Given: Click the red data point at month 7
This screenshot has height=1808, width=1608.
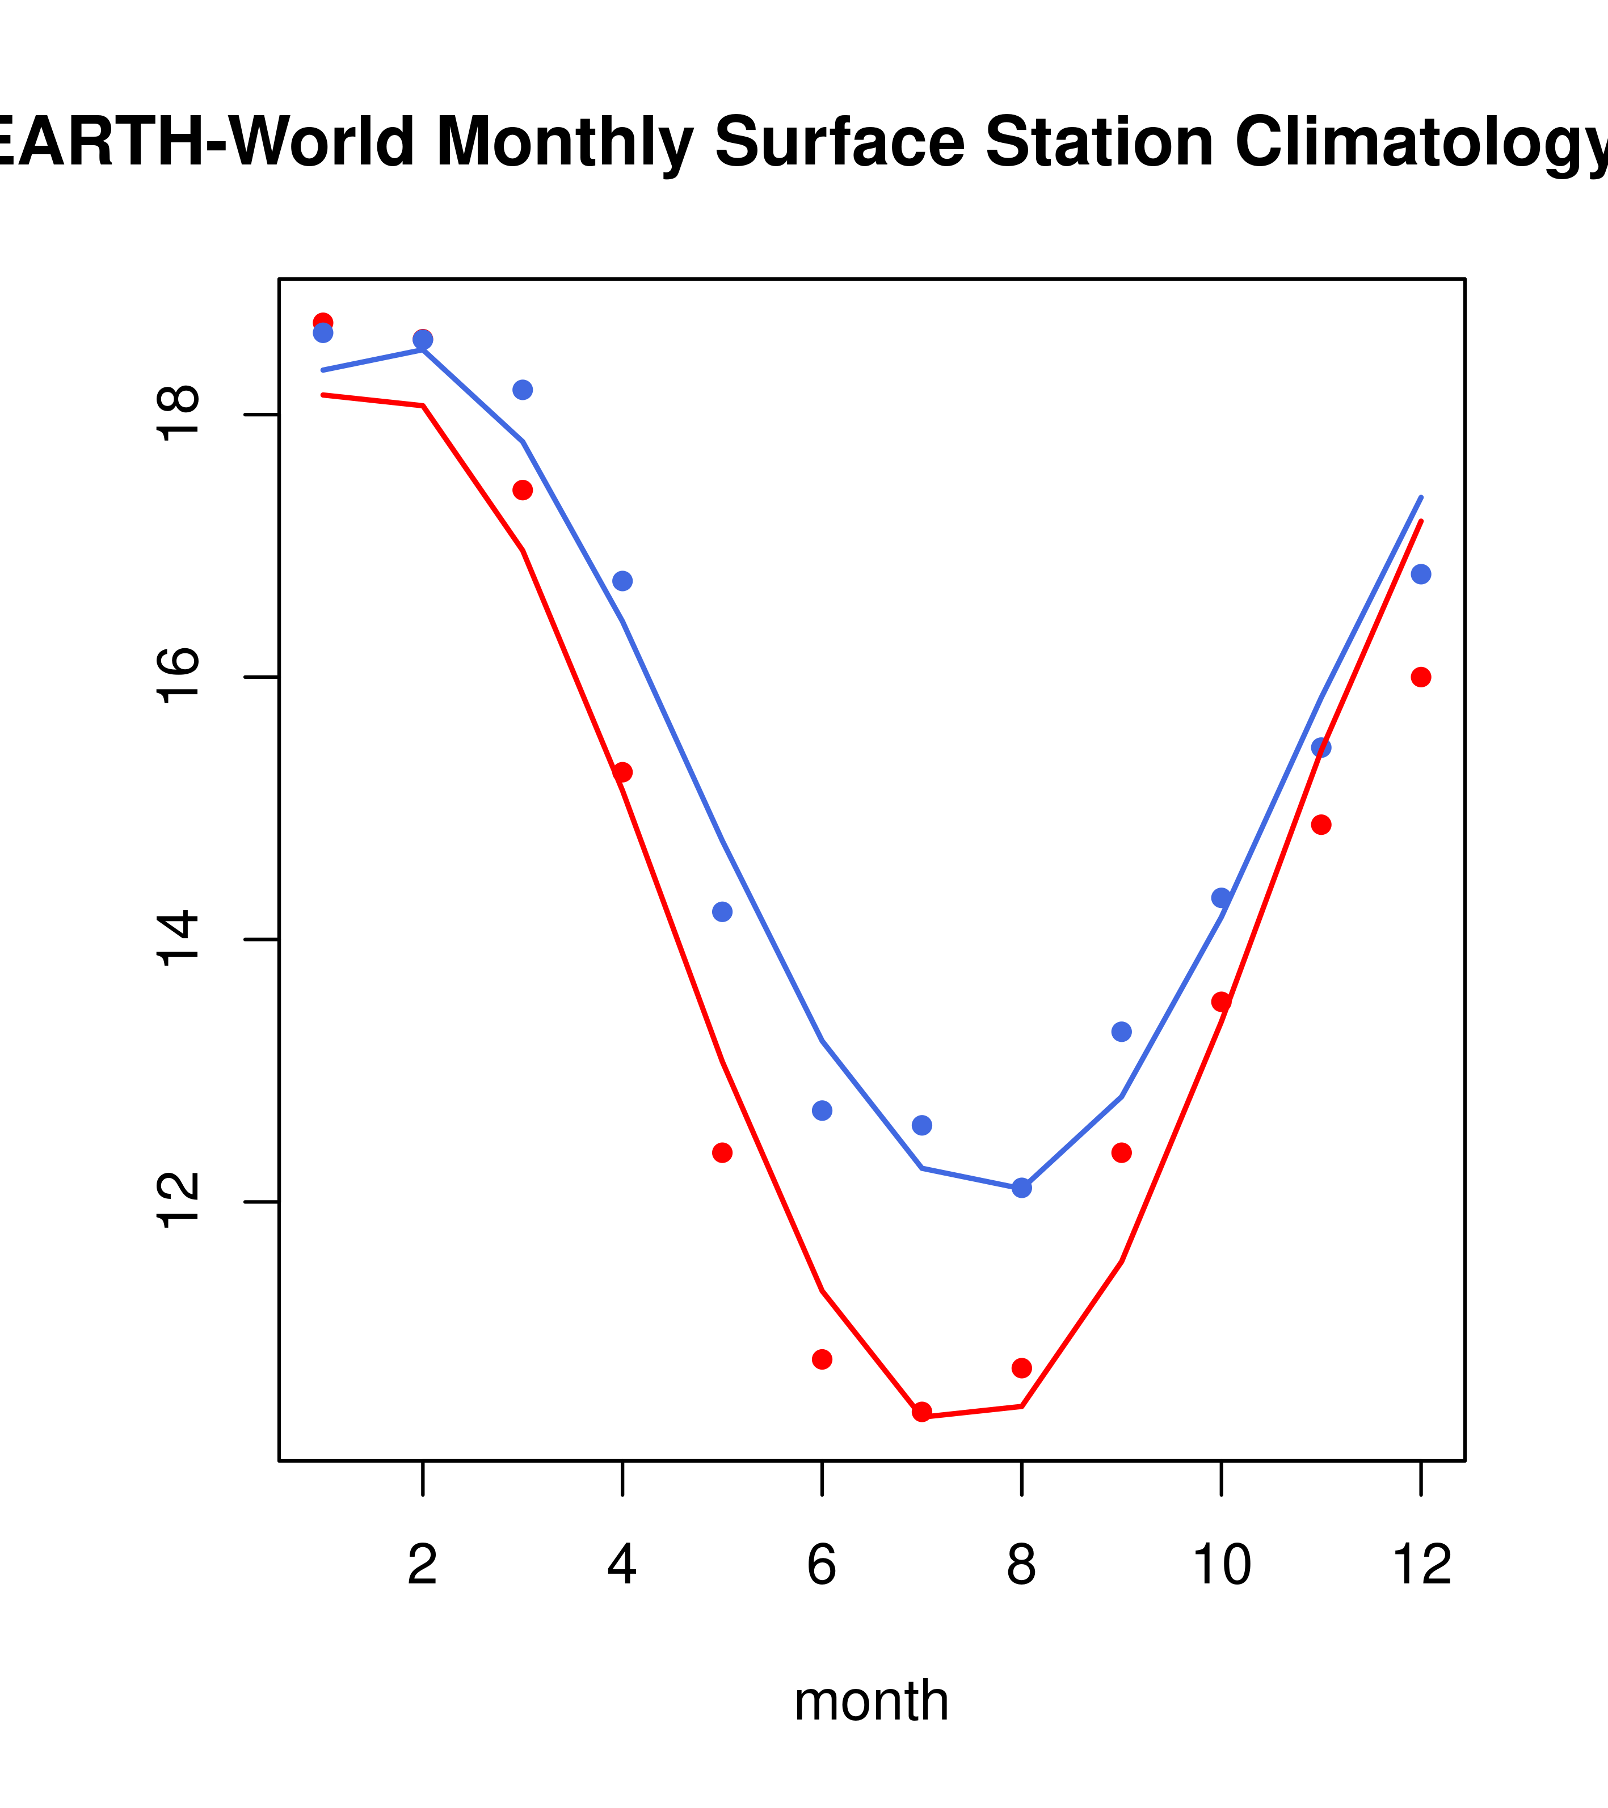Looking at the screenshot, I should click(921, 1412).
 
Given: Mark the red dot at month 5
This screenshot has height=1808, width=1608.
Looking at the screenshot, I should click(722, 1152).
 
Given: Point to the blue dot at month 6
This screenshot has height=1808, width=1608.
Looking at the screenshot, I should click(822, 1110).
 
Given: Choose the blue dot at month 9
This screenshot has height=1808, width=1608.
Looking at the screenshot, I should click(1121, 1032).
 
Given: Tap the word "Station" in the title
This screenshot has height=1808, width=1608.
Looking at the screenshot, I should click(1098, 142).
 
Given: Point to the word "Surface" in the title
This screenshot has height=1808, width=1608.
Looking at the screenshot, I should click(839, 142).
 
